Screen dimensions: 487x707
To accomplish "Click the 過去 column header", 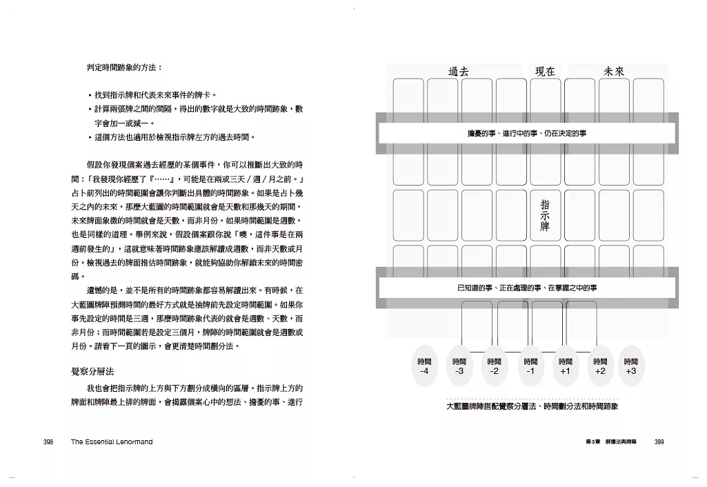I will click(x=459, y=70).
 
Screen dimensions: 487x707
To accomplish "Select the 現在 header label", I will click(x=545, y=70).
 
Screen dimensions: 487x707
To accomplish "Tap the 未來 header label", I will click(x=614, y=70).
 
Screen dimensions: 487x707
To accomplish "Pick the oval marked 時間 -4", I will click(x=424, y=366).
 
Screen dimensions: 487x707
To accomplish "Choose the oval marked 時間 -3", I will click(x=459, y=366).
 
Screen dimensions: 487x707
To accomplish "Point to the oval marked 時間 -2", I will click(x=494, y=366).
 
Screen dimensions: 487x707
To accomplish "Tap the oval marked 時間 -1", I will click(x=530, y=366).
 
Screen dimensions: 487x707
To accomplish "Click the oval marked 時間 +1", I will click(x=565, y=366).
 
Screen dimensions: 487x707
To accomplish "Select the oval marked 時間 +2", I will click(x=599, y=366).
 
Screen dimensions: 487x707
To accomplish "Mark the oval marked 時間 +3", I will click(x=630, y=366).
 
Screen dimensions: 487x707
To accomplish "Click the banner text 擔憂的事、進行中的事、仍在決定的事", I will click(x=526, y=132).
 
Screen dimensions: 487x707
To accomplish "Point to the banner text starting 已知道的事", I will click(x=526, y=287).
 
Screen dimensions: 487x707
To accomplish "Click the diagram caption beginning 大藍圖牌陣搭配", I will click(x=532, y=406).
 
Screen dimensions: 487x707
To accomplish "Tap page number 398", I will click(x=48, y=442).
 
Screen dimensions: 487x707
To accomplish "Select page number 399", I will click(x=658, y=442).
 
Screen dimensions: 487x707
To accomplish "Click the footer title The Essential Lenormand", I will click(x=111, y=442).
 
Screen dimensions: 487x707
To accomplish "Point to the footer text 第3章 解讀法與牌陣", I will click(x=610, y=442).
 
